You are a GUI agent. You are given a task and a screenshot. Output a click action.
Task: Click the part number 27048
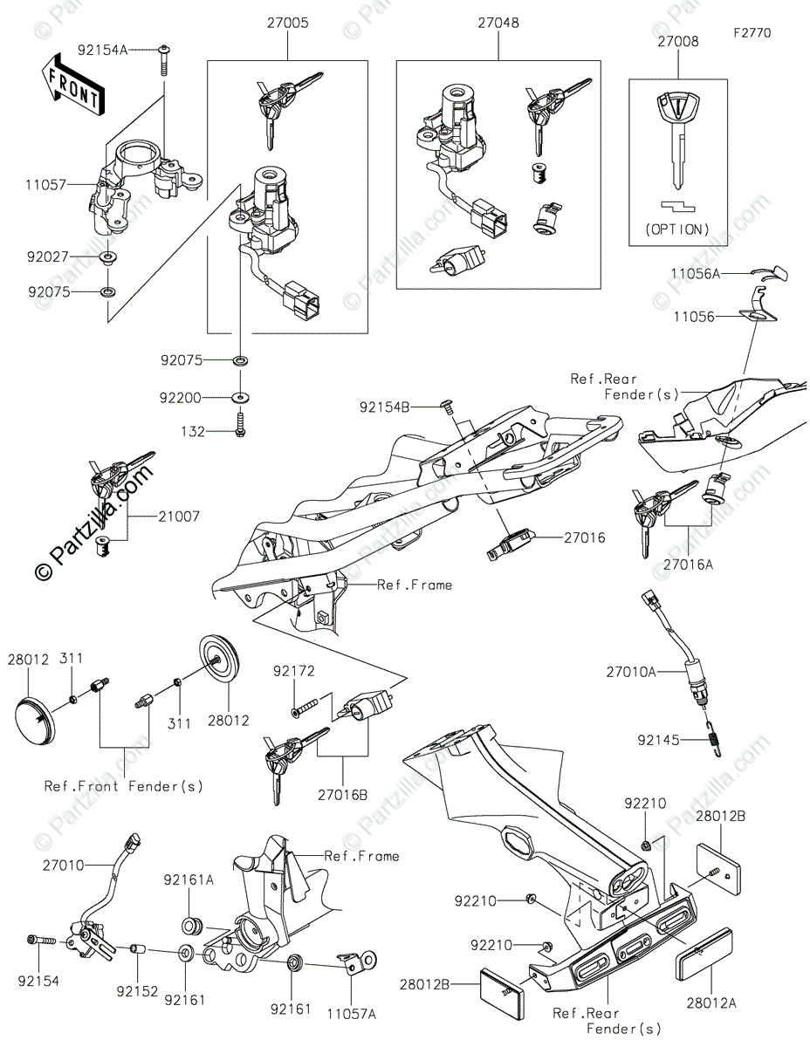(x=498, y=24)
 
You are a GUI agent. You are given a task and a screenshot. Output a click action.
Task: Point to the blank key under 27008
(x=677, y=140)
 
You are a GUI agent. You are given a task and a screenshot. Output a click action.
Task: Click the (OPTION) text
(x=677, y=230)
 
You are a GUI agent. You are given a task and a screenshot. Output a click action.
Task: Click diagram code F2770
(x=752, y=34)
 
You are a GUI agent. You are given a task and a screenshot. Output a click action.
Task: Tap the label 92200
(x=181, y=398)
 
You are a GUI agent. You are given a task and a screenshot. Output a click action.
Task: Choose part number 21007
(x=179, y=517)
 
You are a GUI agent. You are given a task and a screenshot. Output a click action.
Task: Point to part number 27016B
(x=341, y=796)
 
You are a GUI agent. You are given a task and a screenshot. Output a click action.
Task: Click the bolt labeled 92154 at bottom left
(x=38, y=941)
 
